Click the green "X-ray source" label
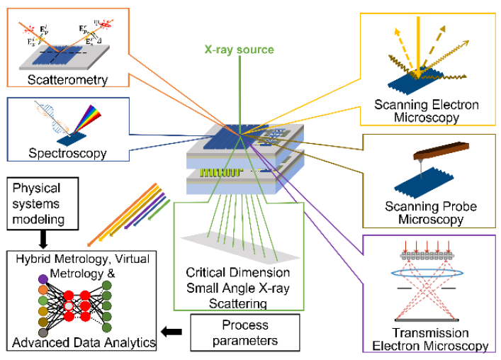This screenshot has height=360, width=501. pos(238,50)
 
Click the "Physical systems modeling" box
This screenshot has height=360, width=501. pos(45,205)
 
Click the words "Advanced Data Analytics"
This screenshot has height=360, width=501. pos(84,343)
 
